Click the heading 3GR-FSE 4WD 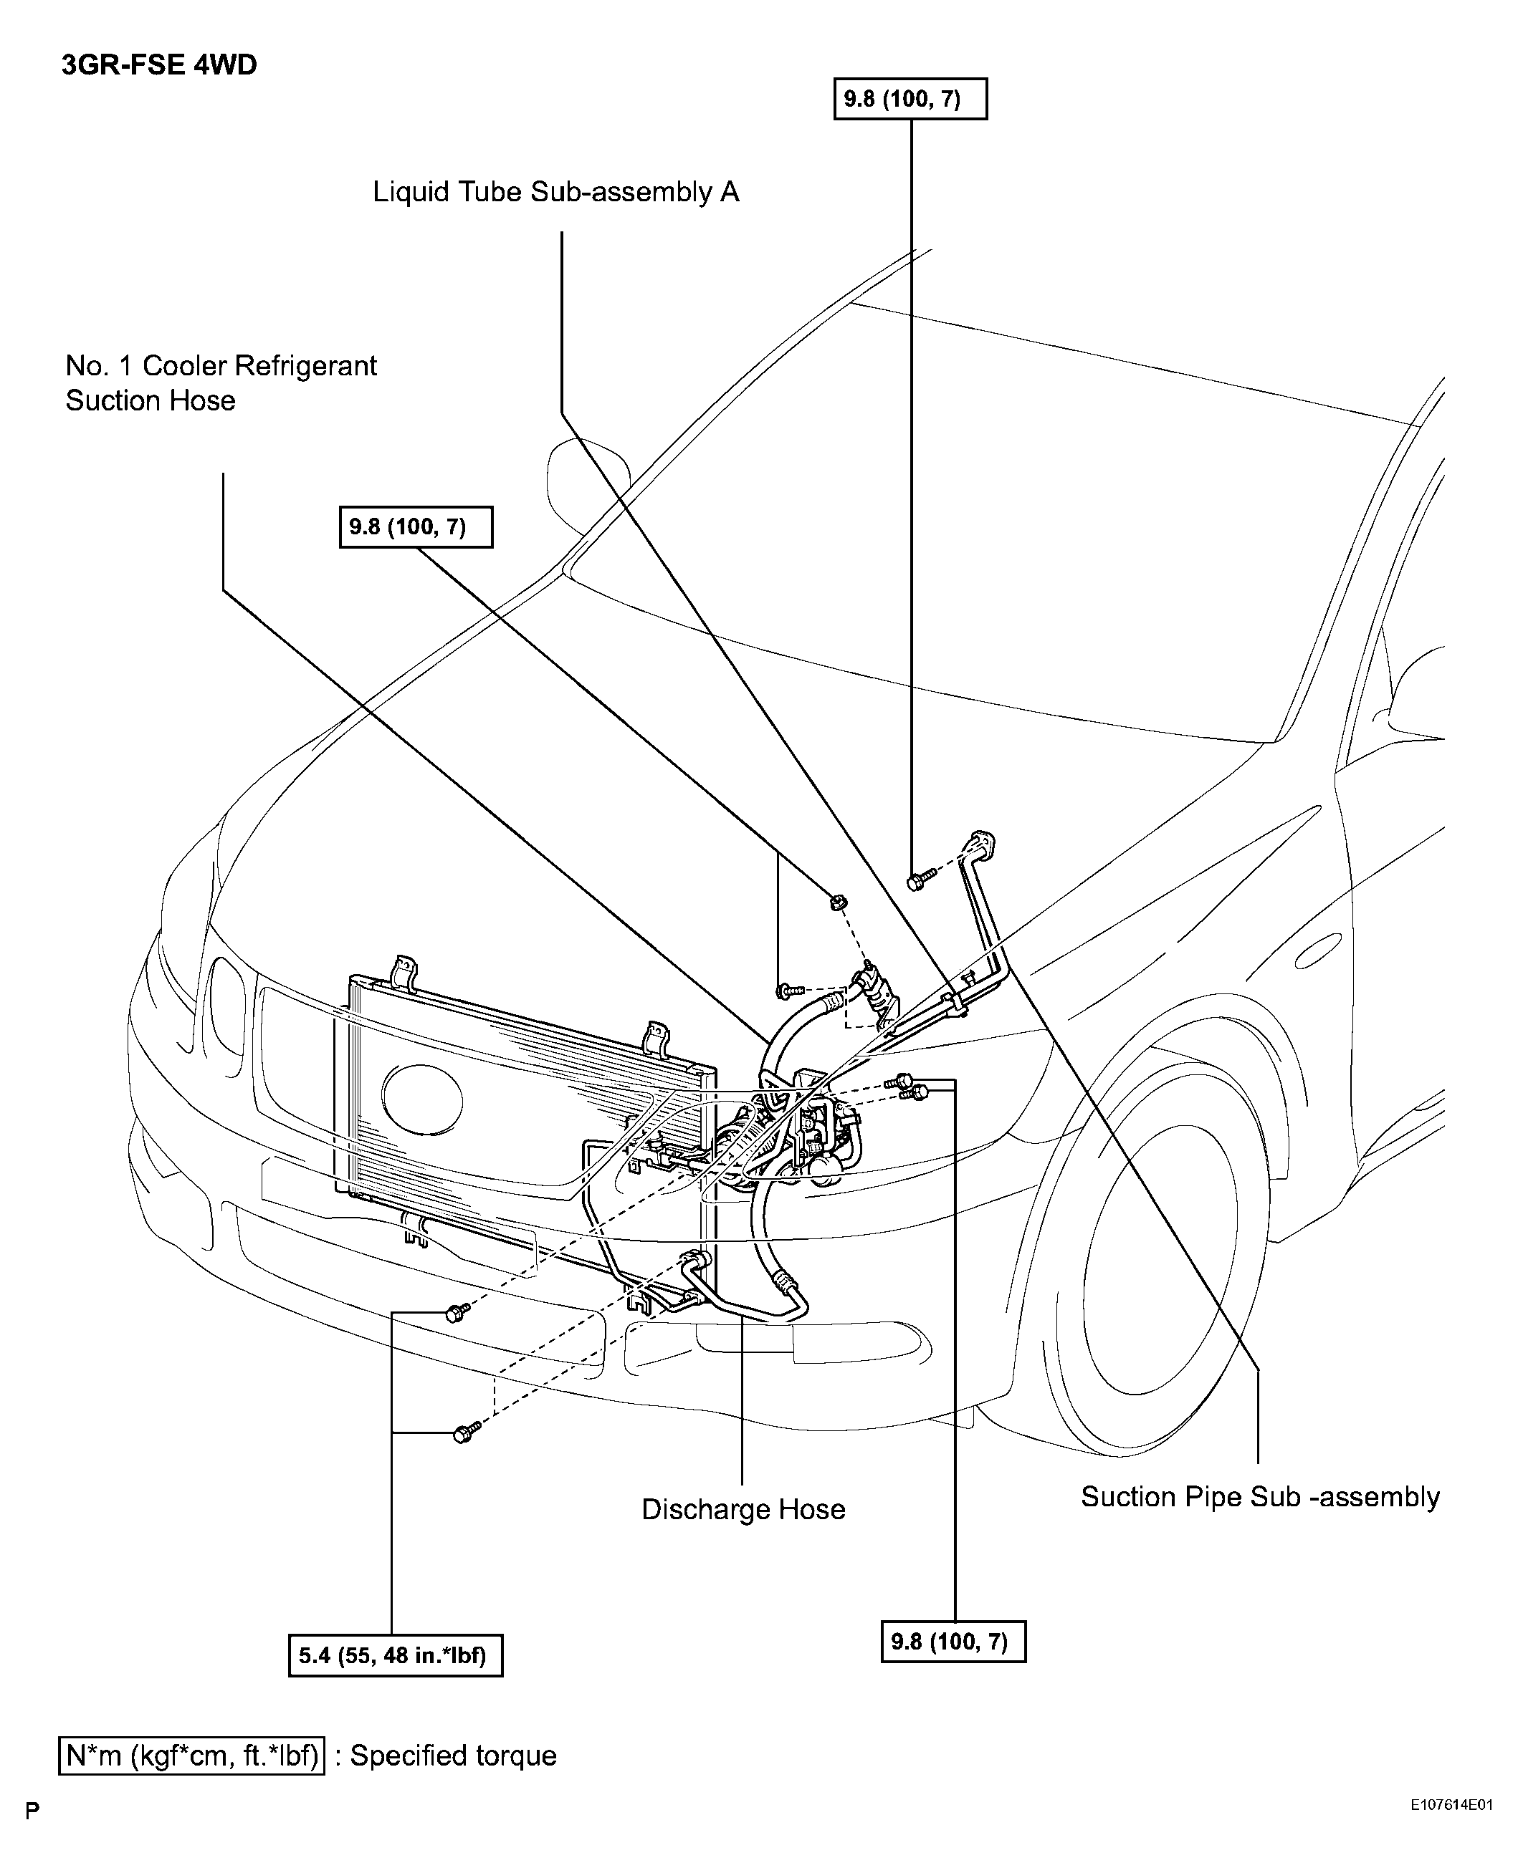[159, 66]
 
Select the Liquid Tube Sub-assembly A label [556, 192]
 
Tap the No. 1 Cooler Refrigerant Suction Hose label [221, 382]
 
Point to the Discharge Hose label [743, 1509]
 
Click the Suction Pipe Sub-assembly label [1260, 1496]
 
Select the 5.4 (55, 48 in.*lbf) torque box [395, 1655]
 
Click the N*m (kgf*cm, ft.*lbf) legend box [191, 1756]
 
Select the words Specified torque [453, 1756]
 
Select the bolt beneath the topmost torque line [918, 880]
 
